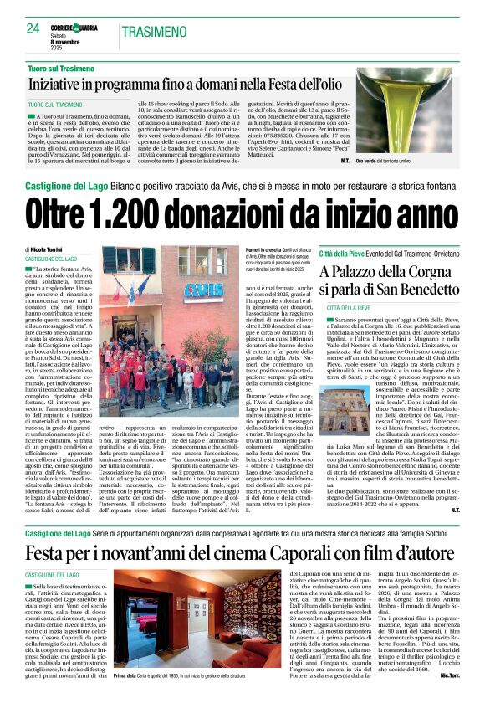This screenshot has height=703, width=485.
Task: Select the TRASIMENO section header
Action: pos(155,32)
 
